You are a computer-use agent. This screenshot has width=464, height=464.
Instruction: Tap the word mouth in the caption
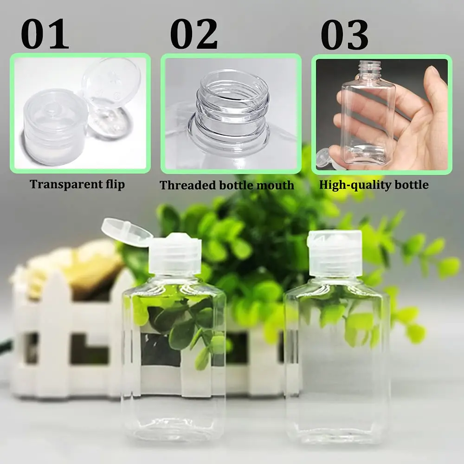(277, 185)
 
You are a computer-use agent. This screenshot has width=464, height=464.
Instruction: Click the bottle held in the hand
(369, 116)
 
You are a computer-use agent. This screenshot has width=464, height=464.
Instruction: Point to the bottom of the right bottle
(338, 432)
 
